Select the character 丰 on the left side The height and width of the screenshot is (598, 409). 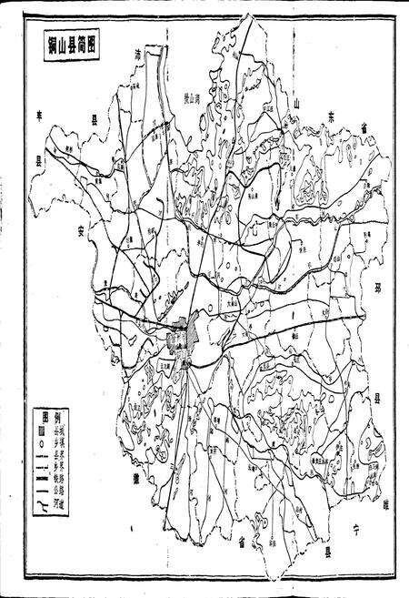[x=40, y=116]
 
